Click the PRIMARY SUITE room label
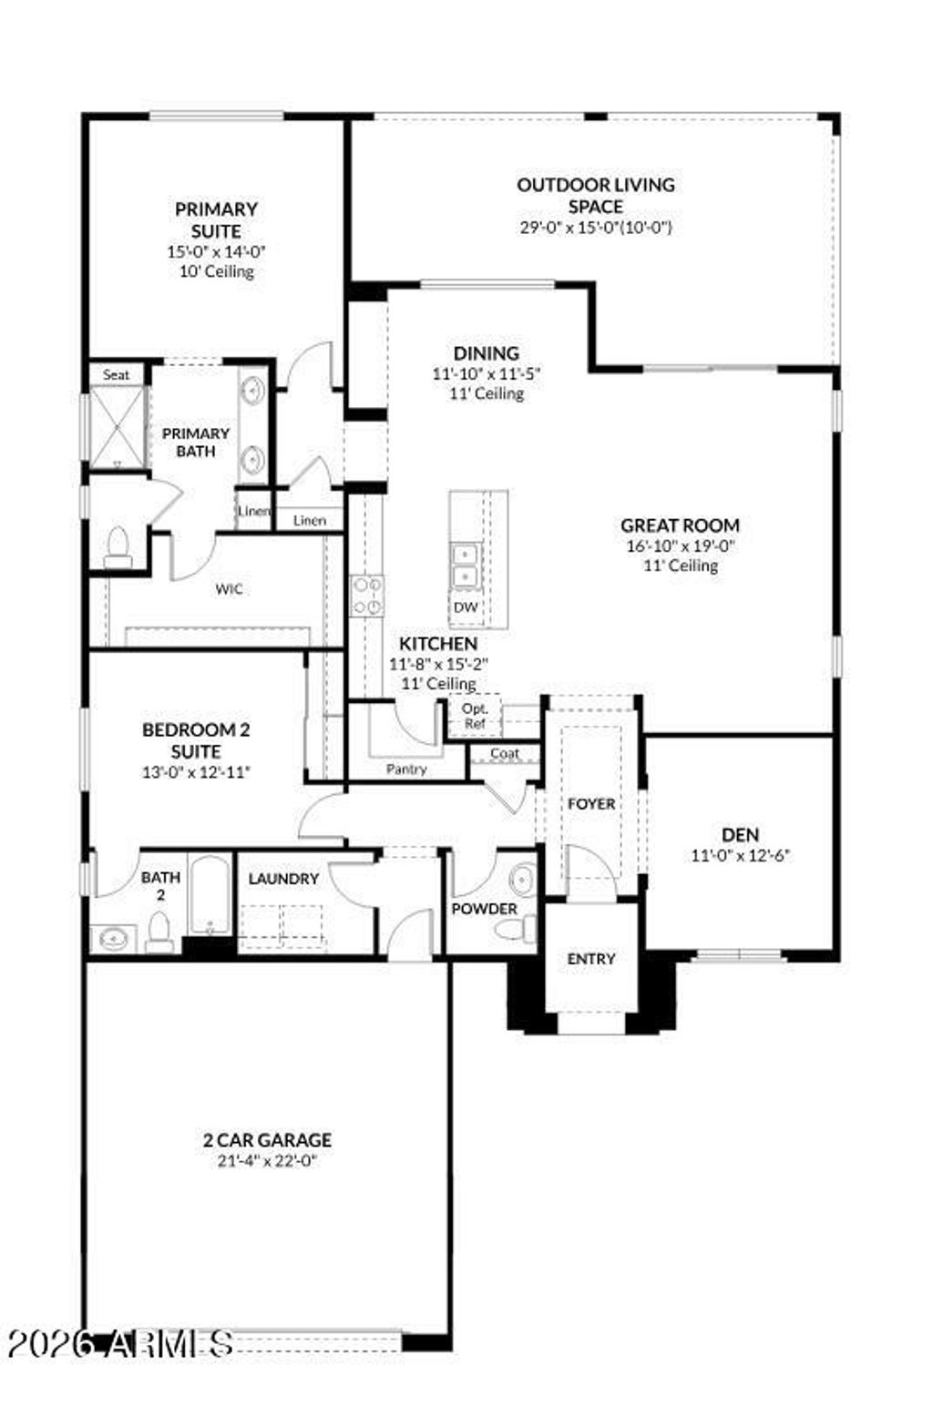pos(216,220)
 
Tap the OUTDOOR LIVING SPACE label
pos(596,195)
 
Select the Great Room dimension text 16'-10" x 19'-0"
pos(680,546)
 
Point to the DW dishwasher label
pos(465,607)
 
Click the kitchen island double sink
pos(465,565)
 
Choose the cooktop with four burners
pos(367,596)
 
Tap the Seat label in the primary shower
pos(116,374)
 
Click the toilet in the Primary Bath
pos(118,547)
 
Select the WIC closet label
pos(229,589)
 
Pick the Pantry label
pos(405,769)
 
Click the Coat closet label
pos(504,754)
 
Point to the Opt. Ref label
pos(475,716)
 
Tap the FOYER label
pos(591,804)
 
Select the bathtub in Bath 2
pos(210,896)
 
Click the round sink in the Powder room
pos(522,881)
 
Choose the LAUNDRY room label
pos(283,879)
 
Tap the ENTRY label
pos(591,959)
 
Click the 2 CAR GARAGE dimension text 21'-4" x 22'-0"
pos(267,1161)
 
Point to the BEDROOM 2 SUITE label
pos(196,740)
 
